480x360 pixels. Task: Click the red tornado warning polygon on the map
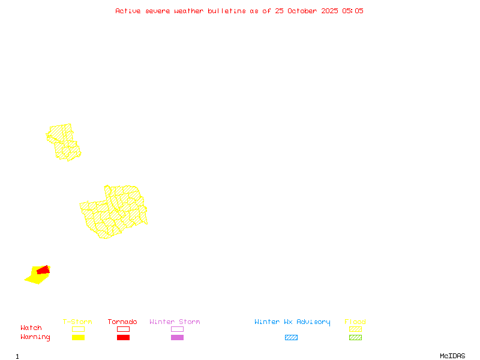(x=43, y=271)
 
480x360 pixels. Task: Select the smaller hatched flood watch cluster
(x=64, y=142)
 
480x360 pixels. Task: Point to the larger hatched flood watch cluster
(x=114, y=212)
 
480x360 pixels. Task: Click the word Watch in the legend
(x=31, y=328)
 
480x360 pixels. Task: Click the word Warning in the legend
(x=35, y=337)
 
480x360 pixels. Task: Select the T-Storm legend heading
(x=77, y=322)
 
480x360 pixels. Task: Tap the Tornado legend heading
(x=122, y=322)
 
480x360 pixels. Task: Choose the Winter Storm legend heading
(x=175, y=322)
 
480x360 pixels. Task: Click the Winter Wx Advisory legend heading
(x=292, y=322)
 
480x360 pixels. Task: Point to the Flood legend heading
(x=355, y=322)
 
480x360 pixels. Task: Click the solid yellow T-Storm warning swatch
(x=78, y=338)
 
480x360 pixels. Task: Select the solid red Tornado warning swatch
(x=123, y=338)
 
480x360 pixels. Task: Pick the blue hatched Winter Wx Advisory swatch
(x=291, y=338)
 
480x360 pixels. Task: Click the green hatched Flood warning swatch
(x=355, y=338)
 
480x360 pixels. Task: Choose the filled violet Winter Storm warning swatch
(x=177, y=338)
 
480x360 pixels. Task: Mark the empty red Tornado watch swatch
(x=123, y=329)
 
